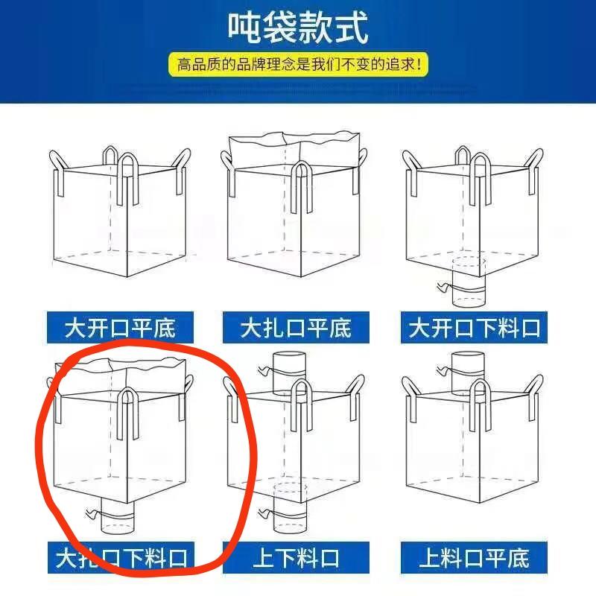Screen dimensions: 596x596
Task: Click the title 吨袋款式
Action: click(298, 28)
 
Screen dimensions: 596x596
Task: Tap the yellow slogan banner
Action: click(298, 64)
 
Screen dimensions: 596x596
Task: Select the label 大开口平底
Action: click(120, 328)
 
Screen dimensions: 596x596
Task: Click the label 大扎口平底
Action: click(296, 328)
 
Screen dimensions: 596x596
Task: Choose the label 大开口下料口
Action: click(474, 328)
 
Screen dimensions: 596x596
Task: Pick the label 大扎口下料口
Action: click(121, 557)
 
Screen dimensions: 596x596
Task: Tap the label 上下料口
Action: click(296, 557)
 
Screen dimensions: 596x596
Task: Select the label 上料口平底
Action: click(474, 557)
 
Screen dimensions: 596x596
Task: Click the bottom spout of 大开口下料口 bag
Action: click(469, 282)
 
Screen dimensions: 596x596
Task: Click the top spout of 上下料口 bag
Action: click(290, 373)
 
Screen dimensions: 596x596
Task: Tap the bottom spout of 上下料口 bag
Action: click(291, 508)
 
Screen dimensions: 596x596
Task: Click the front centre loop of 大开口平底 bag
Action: click(127, 179)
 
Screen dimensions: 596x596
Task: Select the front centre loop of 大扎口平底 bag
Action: click(302, 186)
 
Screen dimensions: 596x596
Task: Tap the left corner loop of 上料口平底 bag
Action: click(411, 399)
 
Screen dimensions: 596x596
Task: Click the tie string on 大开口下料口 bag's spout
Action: click(460, 289)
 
